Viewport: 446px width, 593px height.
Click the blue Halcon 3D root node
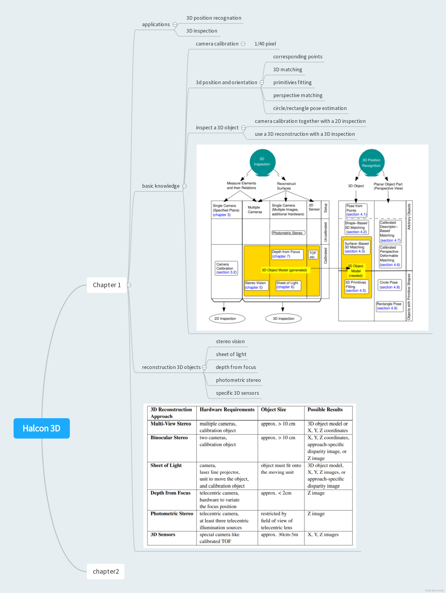click(x=42, y=428)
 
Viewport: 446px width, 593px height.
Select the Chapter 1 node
click(x=107, y=285)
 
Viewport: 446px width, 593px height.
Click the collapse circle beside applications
click(x=175, y=24)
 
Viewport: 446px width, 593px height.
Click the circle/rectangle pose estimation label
click(x=310, y=108)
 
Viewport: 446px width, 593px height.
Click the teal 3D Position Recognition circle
click(x=371, y=162)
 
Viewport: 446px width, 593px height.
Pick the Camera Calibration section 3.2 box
click(x=226, y=268)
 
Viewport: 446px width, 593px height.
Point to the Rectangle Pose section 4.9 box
click(x=389, y=306)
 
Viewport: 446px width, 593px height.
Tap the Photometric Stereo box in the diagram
click(x=288, y=233)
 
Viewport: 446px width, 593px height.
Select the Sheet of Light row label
click(x=166, y=465)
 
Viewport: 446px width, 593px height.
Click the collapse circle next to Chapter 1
click(x=129, y=285)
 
